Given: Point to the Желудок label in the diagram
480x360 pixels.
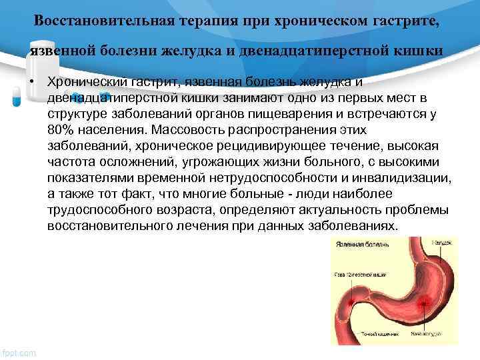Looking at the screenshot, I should (441, 242).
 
